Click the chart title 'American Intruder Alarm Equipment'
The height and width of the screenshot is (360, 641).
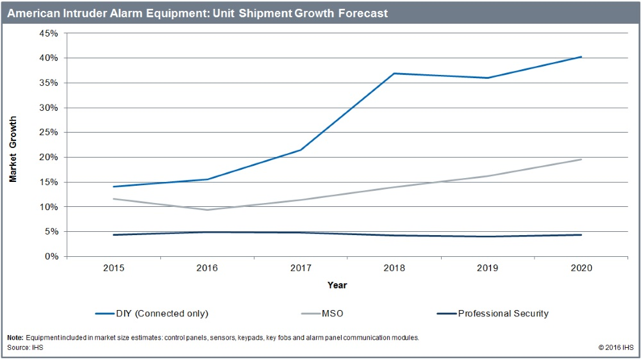197,13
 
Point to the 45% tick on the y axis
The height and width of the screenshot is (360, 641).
49,33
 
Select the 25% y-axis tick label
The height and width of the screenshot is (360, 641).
49,133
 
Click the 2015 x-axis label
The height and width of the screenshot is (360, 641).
113,269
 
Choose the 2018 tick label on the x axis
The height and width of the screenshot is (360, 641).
394,269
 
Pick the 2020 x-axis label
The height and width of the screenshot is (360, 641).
581,269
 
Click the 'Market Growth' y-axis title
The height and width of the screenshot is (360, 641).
13,149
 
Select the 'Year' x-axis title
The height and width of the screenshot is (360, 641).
337,285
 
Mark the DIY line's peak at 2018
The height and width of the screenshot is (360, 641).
394,73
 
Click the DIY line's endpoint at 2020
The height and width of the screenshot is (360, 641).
581,57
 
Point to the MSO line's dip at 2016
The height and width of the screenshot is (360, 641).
207,209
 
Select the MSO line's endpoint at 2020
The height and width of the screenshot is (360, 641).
581,160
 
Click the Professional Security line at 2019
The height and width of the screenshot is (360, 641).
487,236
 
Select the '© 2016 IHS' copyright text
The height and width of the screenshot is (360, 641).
615,347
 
